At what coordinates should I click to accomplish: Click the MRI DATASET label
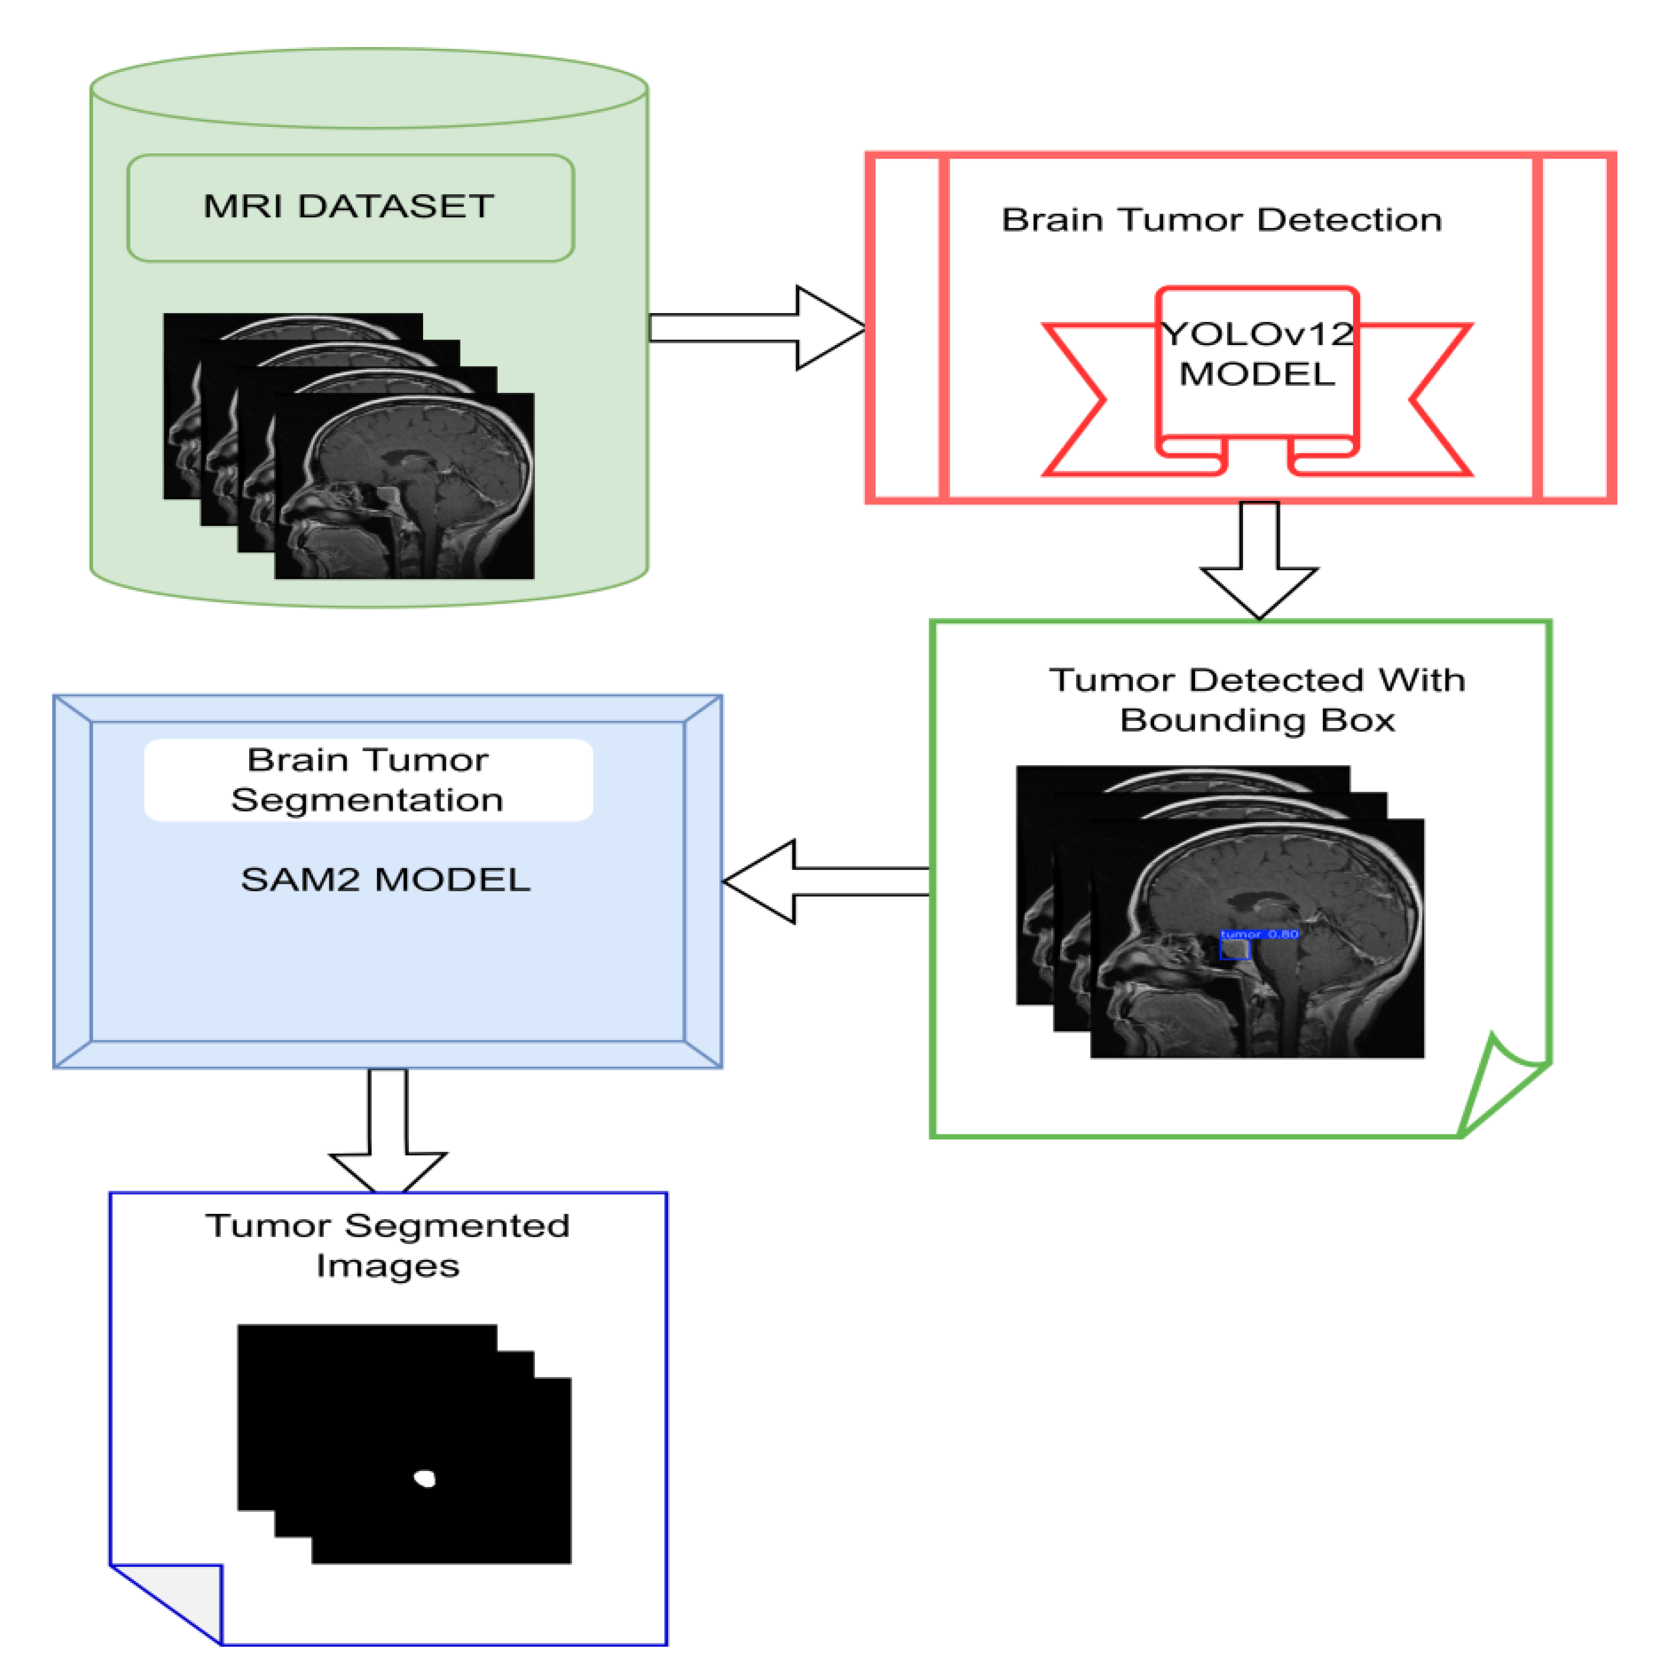coord(349,207)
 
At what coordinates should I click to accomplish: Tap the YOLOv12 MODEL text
coord(1257,354)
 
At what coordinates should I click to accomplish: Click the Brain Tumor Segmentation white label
coord(368,780)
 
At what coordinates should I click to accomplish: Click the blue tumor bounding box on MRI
coord(1235,949)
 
